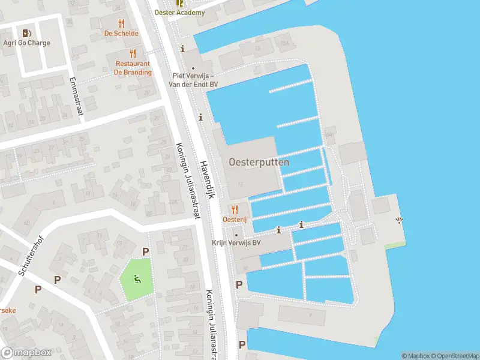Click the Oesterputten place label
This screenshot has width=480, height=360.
[259, 162]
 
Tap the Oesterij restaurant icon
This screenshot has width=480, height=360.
[235, 210]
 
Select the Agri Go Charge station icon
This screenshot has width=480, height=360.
[26, 33]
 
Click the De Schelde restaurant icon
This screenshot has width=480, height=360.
[122, 23]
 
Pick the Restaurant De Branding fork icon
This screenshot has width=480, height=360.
[133, 53]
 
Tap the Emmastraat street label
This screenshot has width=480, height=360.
[76, 95]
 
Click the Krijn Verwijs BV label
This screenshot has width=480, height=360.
[236, 243]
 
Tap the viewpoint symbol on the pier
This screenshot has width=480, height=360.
[400, 221]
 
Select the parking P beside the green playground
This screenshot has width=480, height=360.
[145, 252]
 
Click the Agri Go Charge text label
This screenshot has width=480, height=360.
[26, 43]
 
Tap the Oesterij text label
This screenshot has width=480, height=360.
[235, 220]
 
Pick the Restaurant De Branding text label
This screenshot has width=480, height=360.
[133, 68]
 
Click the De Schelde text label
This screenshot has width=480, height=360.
[122, 34]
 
